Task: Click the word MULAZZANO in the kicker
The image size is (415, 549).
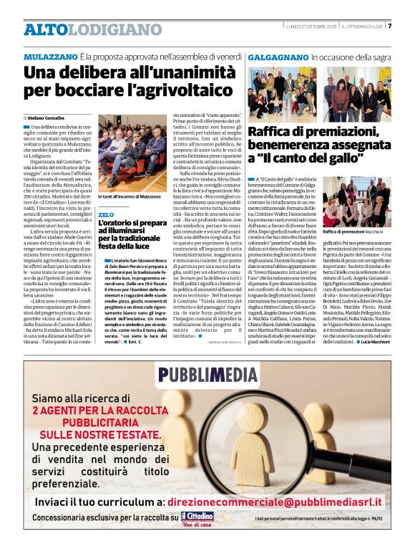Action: point(49,56)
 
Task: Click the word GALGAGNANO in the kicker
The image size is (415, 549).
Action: point(278,56)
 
